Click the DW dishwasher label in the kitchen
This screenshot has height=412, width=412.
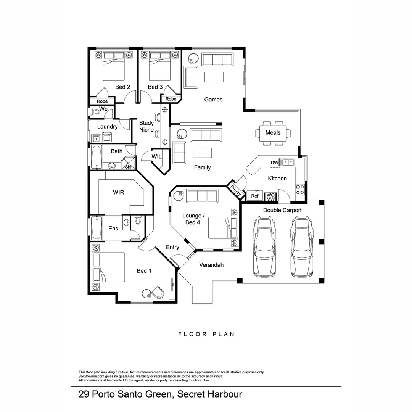point(274,163)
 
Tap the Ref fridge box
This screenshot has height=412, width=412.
point(254,196)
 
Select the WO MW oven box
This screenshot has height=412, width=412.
point(270,196)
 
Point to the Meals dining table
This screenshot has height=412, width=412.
point(273,133)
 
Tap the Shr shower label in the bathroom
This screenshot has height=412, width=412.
point(128,167)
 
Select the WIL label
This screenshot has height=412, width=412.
point(156,157)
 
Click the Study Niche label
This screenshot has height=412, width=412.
point(146,126)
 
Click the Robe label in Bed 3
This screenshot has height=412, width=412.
point(171,99)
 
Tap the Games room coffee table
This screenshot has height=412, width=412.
point(214,77)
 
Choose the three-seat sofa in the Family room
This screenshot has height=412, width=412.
point(206,135)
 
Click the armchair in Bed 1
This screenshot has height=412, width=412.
point(158,293)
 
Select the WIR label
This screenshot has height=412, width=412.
point(118,192)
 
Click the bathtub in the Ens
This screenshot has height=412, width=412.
point(96,228)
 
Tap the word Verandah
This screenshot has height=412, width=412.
point(211,265)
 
